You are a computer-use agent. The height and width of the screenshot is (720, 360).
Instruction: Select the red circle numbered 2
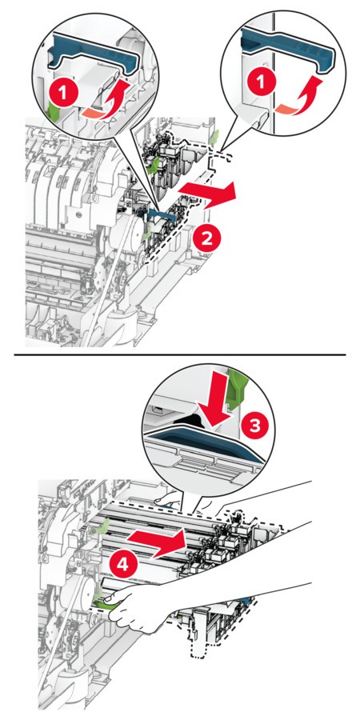tap(206, 238)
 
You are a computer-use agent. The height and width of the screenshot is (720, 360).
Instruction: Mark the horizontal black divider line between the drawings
tap(179, 354)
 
